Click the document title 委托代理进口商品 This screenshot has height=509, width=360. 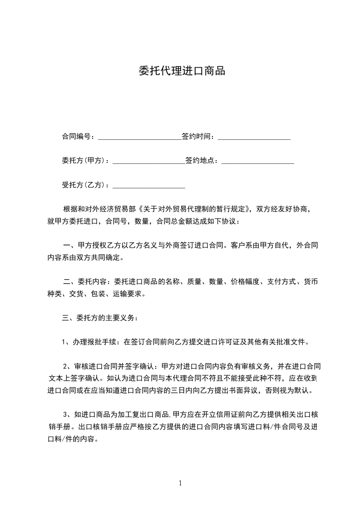182,71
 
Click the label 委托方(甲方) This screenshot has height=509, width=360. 84,161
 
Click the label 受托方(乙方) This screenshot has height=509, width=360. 84,185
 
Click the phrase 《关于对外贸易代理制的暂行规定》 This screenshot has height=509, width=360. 195,210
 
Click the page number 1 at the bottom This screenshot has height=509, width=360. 180,483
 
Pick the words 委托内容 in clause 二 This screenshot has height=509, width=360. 93,282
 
